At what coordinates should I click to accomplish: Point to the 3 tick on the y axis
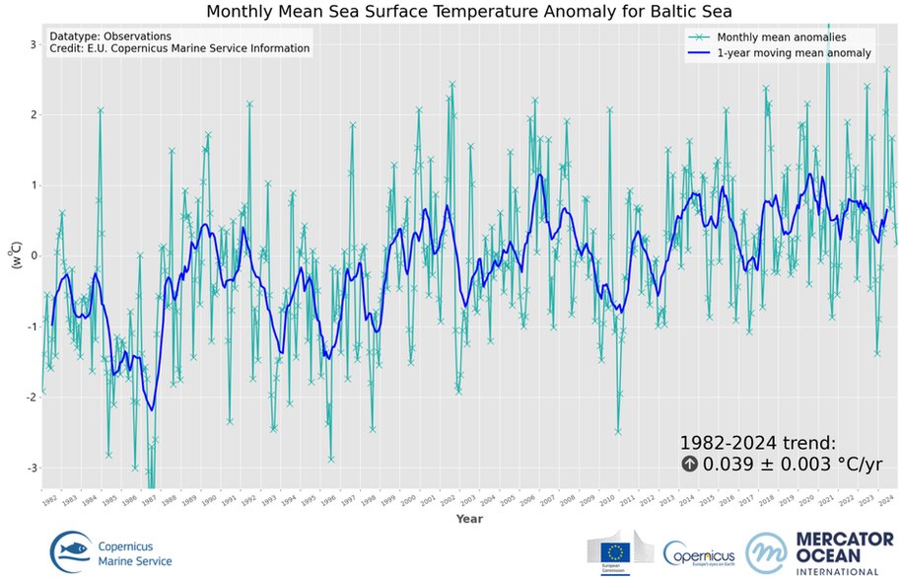coord(33,44)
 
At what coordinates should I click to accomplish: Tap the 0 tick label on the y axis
coord(33,255)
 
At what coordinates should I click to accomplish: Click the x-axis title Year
coord(469,518)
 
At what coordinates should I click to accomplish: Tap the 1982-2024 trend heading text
coord(757,444)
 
